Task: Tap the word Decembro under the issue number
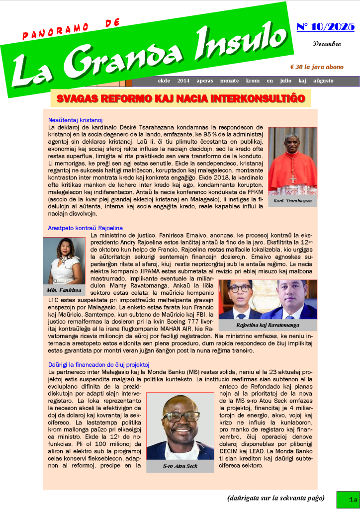[x=327, y=44]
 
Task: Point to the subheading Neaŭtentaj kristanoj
[x=75, y=120]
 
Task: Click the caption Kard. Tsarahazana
[x=292, y=201]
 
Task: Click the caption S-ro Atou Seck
[x=180, y=466]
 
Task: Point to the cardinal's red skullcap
[x=292, y=134]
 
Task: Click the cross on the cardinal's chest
[x=293, y=179]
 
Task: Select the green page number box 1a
[x=347, y=499]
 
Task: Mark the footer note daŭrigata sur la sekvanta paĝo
[x=276, y=498]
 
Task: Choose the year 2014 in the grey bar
[x=183, y=81]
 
